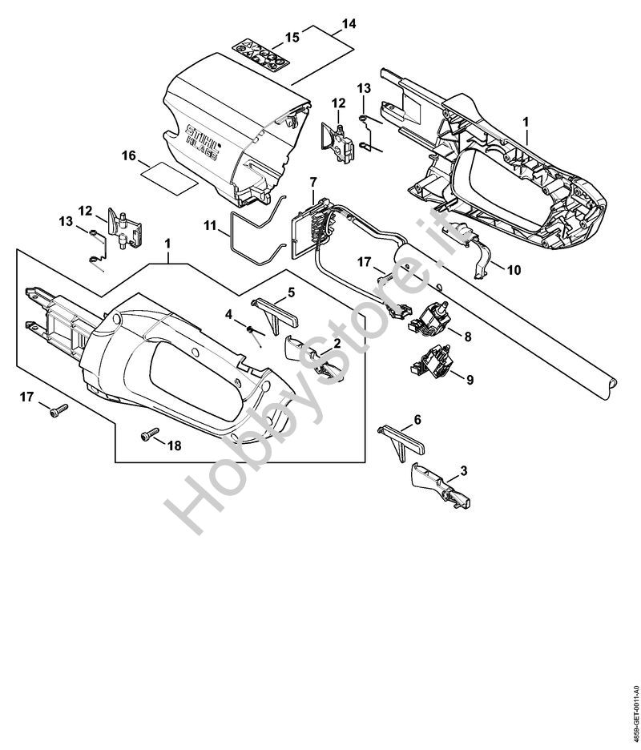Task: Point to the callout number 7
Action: click(x=313, y=184)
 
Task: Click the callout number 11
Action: click(x=211, y=227)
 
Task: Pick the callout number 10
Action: click(x=513, y=270)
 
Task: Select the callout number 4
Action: click(x=228, y=315)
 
